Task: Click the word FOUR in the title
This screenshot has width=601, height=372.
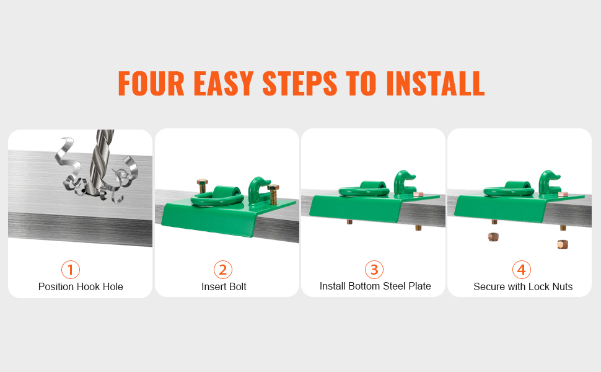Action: [x=151, y=83]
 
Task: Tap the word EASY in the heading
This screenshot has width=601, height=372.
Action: [x=224, y=83]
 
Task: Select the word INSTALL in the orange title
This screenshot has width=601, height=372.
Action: [x=436, y=83]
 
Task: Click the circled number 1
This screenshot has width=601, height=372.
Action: [x=71, y=270]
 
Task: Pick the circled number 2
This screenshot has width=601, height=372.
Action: [x=223, y=270]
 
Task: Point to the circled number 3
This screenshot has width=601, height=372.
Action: [x=374, y=270]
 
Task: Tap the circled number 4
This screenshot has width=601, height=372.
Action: [x=522, y=270]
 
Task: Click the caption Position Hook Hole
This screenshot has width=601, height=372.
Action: [x=81, y=286]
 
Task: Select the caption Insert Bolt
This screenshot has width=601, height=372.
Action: [x=224, y=286]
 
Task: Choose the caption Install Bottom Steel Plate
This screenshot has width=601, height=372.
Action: [x=375, y=286]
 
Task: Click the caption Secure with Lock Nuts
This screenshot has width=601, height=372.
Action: [x=523, y=286]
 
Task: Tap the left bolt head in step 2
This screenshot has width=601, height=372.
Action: [x=203, y=182]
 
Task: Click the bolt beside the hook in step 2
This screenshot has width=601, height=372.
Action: [x=273, y=195]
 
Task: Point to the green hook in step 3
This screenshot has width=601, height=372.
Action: [x=404, y=184]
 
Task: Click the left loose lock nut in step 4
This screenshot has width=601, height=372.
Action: [x=493, y=237]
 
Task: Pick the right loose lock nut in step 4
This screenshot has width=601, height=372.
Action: [x=563, y=244]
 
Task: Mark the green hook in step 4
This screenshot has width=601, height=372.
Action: [x=549, y=184]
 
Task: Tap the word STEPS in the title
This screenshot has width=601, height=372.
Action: [x=300, y=83]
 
